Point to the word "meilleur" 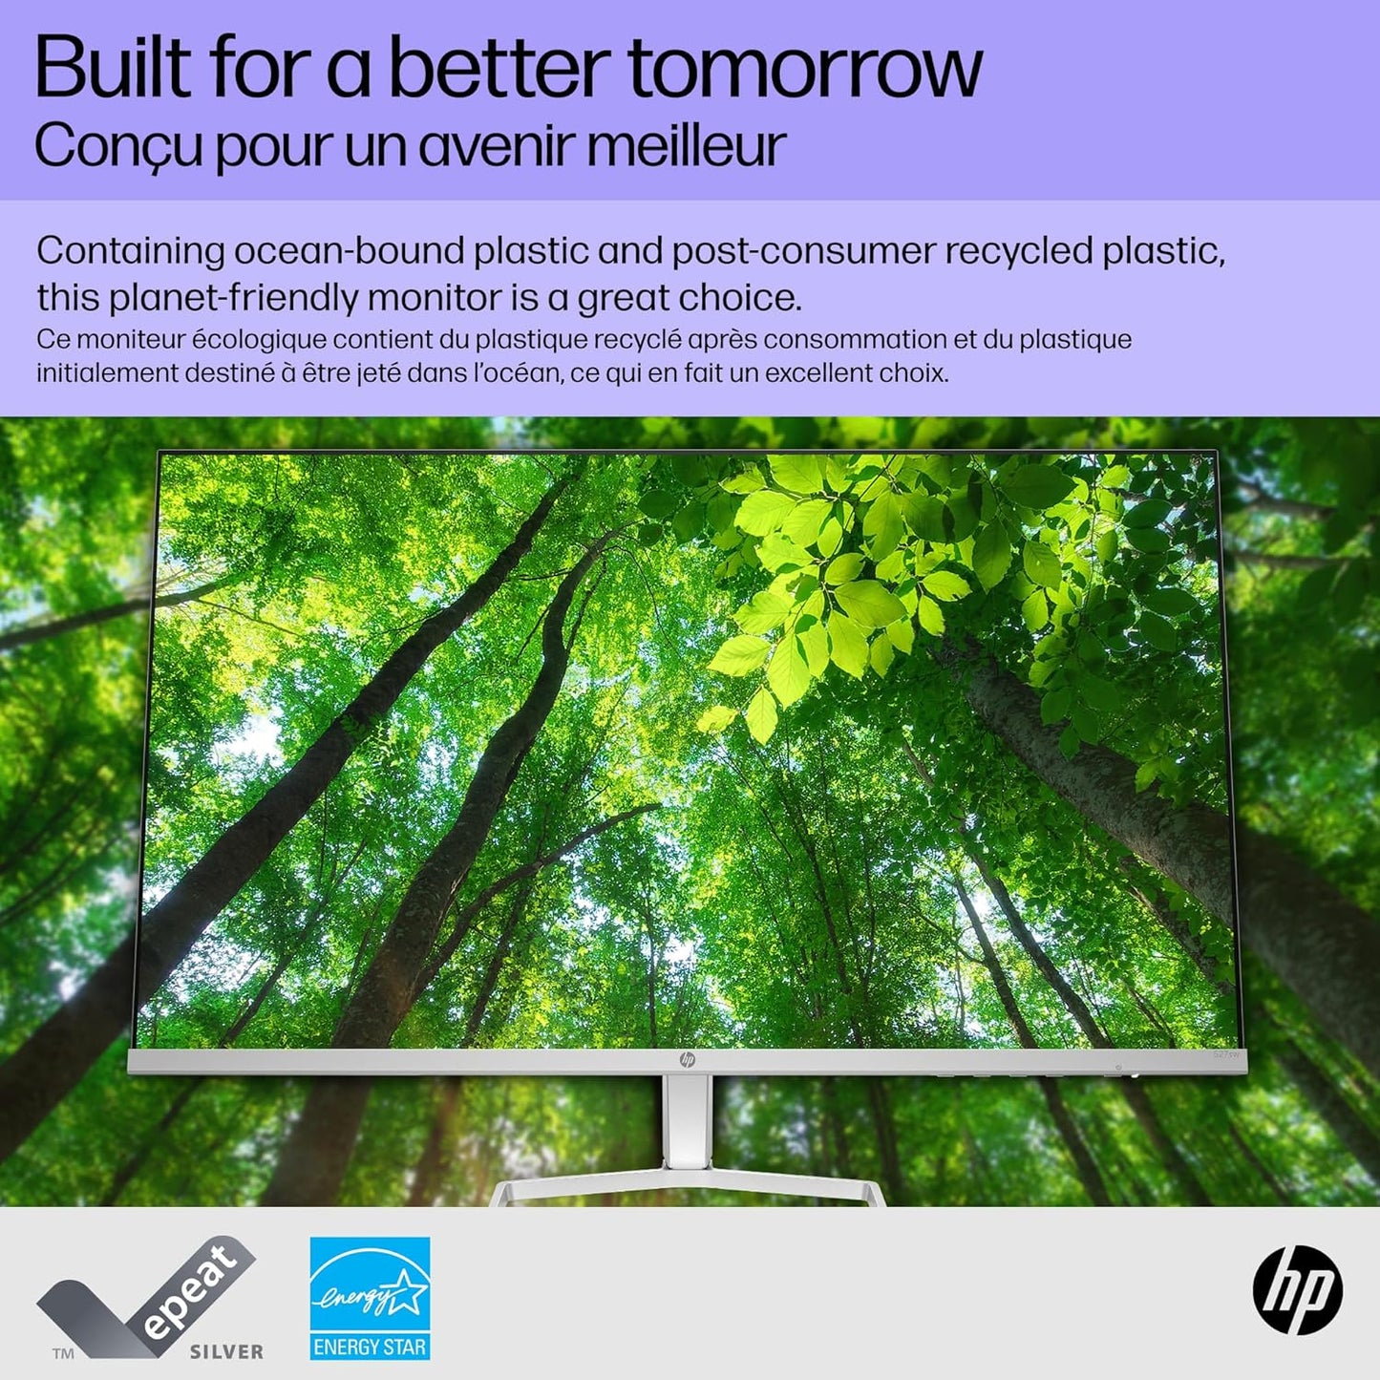(686, 145)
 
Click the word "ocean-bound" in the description (350, 251)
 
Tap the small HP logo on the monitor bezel (687, 1060)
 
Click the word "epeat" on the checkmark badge (191, 1291)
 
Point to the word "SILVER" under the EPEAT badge (226, 1351)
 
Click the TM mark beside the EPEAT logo (63, 1353)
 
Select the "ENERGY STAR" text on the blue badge (370, 1348)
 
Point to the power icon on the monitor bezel (1117, 1067)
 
